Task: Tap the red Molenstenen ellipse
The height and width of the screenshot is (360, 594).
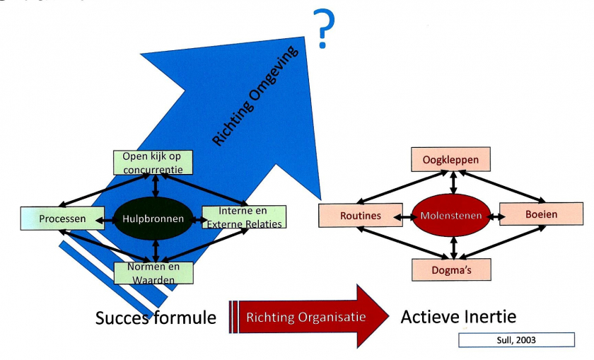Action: [x=453, y=214]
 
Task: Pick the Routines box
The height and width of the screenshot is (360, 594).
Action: [x=361, y=215]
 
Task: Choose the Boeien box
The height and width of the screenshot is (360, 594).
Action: [x=541, y=214]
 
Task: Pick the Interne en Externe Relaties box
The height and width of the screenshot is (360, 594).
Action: [x=244, y=217]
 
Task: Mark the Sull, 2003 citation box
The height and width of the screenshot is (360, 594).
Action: [x=516, y=340]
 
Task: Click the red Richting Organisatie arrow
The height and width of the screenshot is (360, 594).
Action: [x=308, y=316]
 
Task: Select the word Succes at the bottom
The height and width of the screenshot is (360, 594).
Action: [x=122, y=318]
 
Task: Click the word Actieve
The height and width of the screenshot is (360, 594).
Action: [x=429, y=316]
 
